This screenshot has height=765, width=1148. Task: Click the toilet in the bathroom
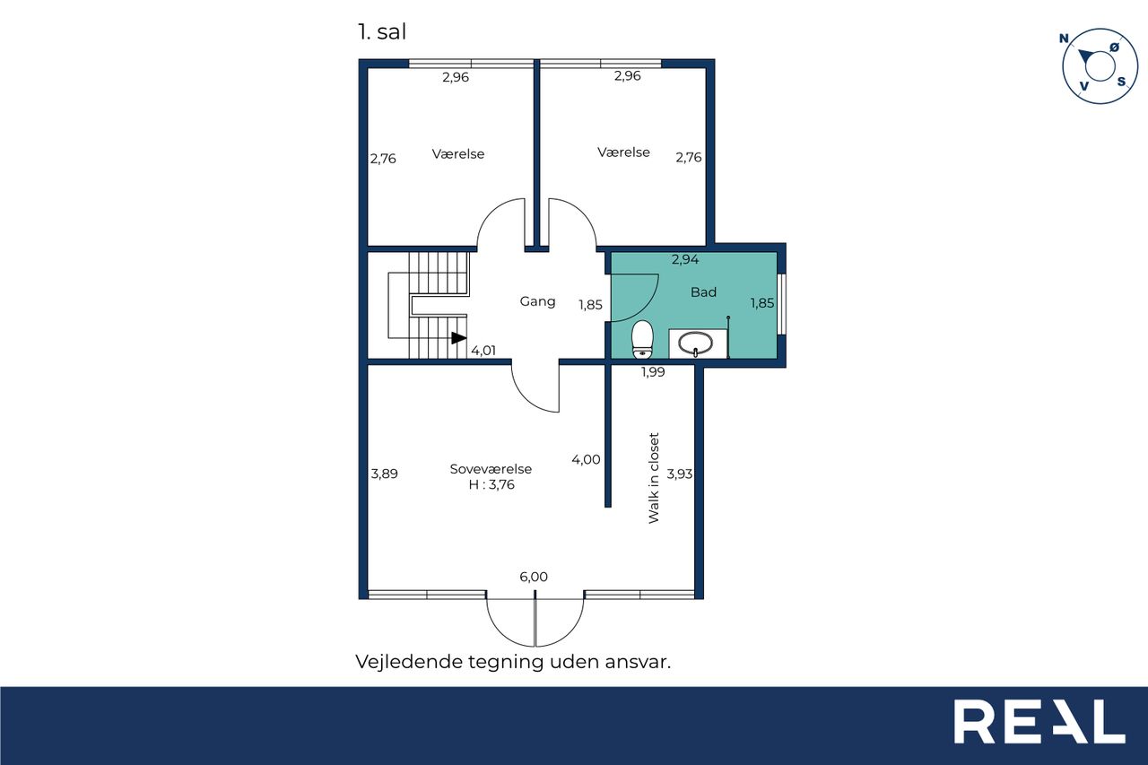[x=642, y=339]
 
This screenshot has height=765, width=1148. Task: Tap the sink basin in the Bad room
[x=695, y=343]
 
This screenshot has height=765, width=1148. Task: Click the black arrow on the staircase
[x=458, y=338]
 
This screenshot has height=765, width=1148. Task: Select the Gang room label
[x=537, y=301]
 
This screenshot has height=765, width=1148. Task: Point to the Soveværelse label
[x=491, y=469]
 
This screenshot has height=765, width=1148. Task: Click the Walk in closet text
[x=654, y=478]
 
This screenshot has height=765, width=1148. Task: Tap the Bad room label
[x=704, y=292]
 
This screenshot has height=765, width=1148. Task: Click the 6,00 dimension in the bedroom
[x=534, y=577]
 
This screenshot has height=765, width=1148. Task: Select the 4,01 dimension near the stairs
[x=483, y=351]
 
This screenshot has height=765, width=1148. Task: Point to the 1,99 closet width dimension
[x=653, y=372]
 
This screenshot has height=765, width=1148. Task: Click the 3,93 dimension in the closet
[x=680, y=474]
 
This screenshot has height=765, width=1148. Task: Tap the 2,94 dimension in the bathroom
[x=685, y=259]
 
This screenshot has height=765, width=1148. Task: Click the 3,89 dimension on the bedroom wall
[x=385, y=474]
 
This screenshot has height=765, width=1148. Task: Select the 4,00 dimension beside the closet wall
[x=586, y=459]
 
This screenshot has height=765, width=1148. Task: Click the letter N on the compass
[x=1064, y=39]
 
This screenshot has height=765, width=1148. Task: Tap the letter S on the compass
[x=1122, y=82]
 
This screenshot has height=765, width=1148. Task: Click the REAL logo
[x=1039, y=721]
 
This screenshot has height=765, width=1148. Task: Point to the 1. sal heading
[x=382, y=31]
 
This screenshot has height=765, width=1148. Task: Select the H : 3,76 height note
[x=491, y=484]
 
